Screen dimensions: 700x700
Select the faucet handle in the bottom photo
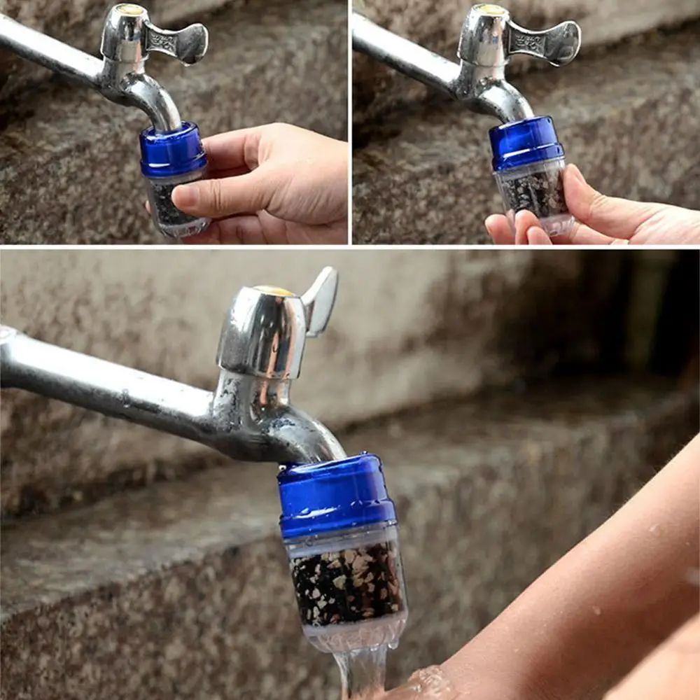click(x=321, y=301)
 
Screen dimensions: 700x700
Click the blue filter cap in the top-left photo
click(x=172, y=150)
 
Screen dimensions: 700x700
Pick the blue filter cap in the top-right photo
click(x=526, y=143)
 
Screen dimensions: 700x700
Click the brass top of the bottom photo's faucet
click(x=274, y=290)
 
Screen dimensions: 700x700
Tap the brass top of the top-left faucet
click(x=130, y=8)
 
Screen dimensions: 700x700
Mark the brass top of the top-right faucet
click(x=492, y=10)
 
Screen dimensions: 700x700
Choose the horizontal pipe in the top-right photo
click(x=406, y=52)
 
